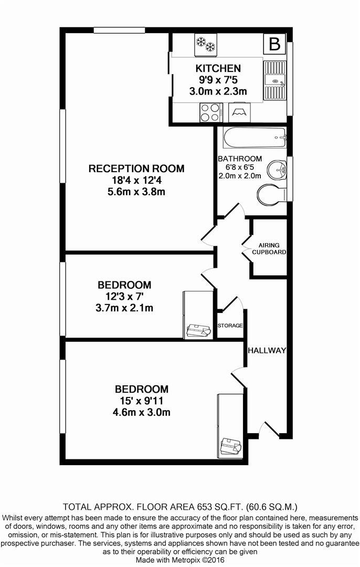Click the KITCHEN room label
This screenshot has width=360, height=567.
[x=218, y=68]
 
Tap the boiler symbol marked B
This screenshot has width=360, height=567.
[x=275, y=44]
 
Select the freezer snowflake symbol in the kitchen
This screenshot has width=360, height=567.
[x=205, y=44]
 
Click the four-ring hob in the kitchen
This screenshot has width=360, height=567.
[x=211, y=112]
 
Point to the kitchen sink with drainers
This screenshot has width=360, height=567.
[x=275, y=80]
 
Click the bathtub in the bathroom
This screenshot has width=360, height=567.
[x=255, y=138]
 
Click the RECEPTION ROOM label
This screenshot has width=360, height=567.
[x=136, y=169]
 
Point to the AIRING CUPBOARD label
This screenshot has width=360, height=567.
[x=269, y=249]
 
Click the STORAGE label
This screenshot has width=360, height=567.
[x=230, y=325]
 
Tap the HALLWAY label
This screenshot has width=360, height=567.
[x=267, y=350]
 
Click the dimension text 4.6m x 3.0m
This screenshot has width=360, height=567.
[x=141, y=412]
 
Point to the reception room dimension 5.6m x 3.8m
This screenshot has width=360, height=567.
[x=136, y=192]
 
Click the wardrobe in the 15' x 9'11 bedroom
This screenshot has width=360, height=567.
[x=230, y=425]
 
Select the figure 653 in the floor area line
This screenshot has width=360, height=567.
[x=204, y=506]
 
